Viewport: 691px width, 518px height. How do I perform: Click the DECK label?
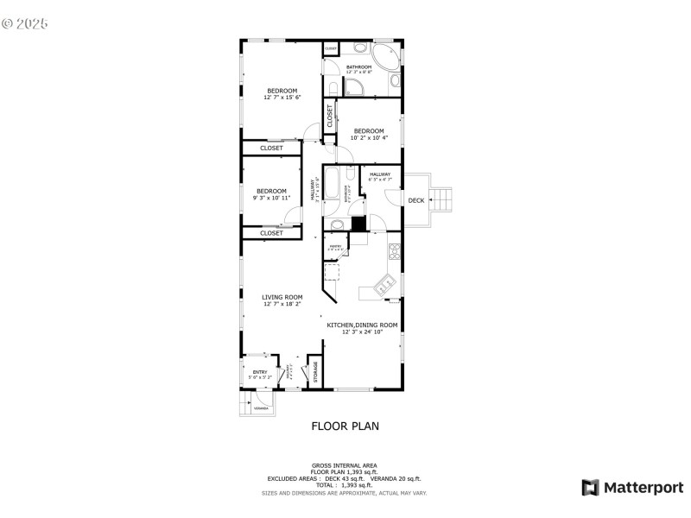(416, 200)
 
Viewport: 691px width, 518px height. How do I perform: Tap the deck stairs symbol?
(441, 200)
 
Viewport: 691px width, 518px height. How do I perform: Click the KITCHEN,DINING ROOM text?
(362, 325)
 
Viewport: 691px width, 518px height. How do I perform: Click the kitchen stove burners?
(395, 252)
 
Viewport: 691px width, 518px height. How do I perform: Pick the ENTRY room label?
(260, 372)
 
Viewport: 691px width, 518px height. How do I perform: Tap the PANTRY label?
(335, 246)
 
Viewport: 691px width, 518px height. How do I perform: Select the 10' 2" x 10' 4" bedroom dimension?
(369, 137)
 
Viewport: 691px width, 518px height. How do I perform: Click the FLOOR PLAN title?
(345, 426)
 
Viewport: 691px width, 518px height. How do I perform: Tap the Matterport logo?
(632, 488)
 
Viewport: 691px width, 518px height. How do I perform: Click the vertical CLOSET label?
(329, 115)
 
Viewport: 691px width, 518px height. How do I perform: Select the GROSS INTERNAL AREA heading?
(345, 464)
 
